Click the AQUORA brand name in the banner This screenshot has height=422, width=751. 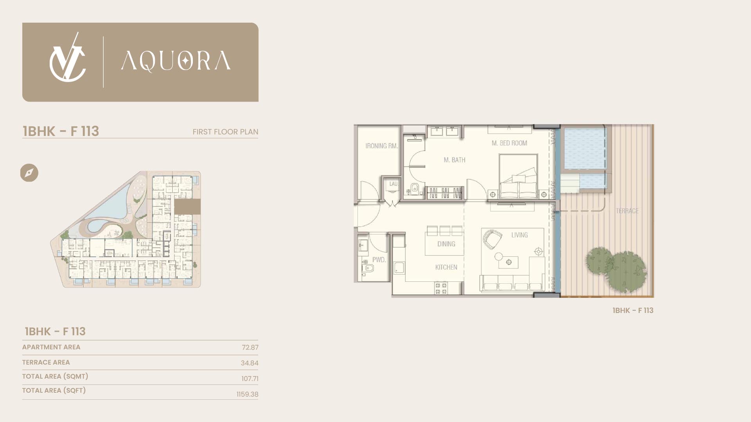coord(176,61)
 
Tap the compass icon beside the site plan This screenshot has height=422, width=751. coord(29,173)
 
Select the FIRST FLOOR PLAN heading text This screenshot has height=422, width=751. coord(225,132)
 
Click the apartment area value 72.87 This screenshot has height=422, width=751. coord(250,347)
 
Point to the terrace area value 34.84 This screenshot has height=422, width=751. coord(250,363)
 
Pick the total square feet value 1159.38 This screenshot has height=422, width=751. coord(247,394)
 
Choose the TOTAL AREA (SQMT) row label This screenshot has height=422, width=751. coord(55,376)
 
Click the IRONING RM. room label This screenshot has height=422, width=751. coord(382,146)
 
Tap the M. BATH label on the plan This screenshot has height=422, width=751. coord(455,160)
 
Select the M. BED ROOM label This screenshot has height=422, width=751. coord(509,143)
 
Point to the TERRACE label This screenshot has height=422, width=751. coord(627,211)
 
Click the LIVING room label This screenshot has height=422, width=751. coord(519,235)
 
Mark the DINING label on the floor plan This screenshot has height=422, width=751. coord(446,244)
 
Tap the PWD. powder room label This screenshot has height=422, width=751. coord(379,260)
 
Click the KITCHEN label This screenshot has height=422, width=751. coord(446,267)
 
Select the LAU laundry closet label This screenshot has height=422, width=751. coord(393,184)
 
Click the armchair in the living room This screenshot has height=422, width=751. coord(492,239)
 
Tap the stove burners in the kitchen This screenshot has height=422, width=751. coord(441,288)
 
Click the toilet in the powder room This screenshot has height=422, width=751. coord(368,268)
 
